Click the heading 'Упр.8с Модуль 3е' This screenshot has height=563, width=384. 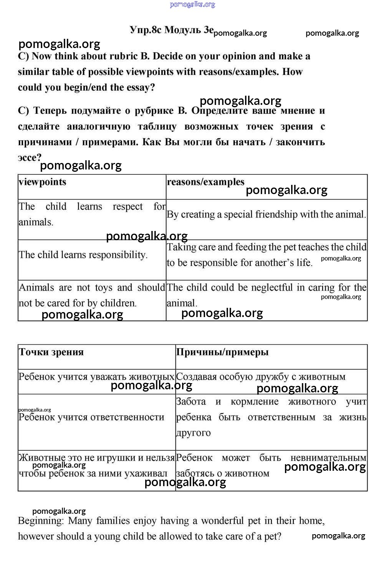coord(171,30)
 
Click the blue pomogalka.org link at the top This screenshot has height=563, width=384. coord(192,5)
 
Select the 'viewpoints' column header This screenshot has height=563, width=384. coord(43,182)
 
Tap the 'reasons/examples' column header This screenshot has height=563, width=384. coord(205,182)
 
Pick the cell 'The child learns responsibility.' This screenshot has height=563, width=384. coord(83,255)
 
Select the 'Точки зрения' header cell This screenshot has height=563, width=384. coord(51,352)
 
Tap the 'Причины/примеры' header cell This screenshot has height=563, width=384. coord(222,352)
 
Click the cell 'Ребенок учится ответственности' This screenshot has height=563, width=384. coord(91,417)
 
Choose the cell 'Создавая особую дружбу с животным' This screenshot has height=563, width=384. coord(261,377)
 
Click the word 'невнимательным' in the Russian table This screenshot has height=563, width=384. coord(328,458)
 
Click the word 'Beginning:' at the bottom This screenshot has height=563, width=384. coord(41,521)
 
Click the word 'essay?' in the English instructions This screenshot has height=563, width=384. coord(140,88)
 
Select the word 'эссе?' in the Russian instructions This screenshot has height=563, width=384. coord(30,158)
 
